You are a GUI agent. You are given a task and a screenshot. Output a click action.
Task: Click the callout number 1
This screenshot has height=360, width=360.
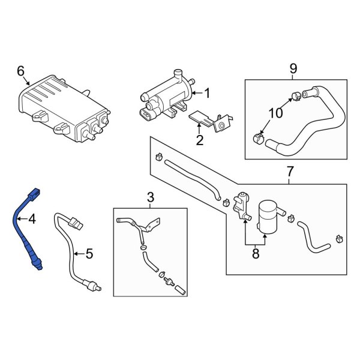point(207,93)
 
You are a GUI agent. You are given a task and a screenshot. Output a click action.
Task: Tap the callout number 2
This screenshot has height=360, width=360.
point(200,141)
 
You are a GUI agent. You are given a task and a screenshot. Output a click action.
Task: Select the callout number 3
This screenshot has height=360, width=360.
point(151,197)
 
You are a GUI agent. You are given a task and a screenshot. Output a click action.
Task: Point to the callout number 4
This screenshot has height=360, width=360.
point(32,220)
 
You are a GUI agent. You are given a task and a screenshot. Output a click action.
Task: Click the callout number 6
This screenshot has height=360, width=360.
point(21,71)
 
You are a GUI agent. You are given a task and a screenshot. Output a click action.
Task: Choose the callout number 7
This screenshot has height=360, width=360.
point(290,172)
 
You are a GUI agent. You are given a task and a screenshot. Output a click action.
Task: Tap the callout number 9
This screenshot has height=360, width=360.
point(293,68)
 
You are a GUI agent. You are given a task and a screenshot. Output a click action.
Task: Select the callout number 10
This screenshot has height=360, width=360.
point(274,113)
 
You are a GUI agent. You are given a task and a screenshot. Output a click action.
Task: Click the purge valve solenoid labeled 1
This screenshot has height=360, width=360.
point(165,96)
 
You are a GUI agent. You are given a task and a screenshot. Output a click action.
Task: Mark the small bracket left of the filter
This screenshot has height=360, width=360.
point(241,206)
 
